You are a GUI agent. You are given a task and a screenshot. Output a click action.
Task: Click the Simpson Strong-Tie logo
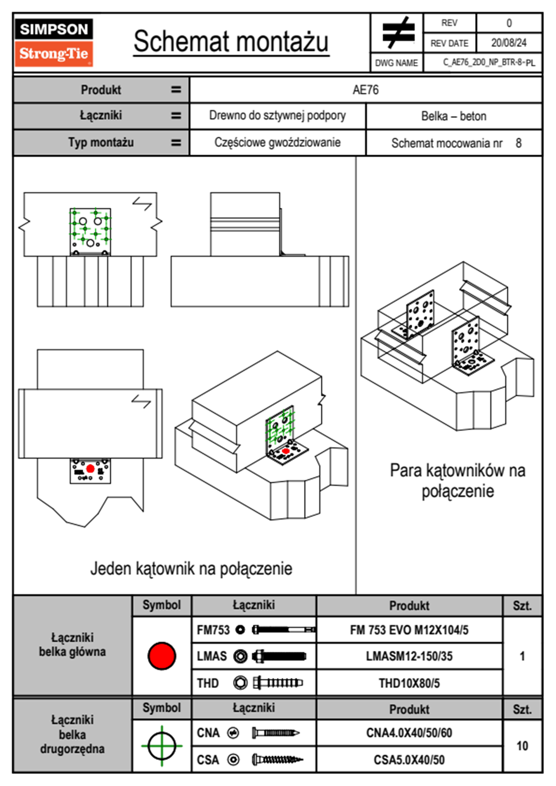pos(54,43)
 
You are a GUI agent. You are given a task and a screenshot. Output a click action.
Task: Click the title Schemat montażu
pos(231,42)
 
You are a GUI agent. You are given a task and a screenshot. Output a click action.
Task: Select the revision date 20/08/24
pos(508,43)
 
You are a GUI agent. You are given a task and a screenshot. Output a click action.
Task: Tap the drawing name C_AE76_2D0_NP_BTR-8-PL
pos(489,63)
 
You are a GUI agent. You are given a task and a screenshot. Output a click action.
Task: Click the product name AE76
pos(365,90)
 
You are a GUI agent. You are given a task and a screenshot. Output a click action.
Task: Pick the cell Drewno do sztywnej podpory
pos(277,115)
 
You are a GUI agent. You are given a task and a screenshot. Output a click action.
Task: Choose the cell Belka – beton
pos(454,116)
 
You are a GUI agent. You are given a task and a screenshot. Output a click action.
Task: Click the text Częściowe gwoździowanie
pos(277,143)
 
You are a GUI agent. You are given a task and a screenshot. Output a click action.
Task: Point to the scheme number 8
pos(519,143)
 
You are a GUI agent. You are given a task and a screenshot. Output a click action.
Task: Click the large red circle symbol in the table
pos(162,656)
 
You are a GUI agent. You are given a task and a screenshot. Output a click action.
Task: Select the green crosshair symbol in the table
pos(162,746)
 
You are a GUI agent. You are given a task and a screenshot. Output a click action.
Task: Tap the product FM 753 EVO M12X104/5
pos(409,630)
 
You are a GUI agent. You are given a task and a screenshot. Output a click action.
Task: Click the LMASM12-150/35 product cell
pos(409,656)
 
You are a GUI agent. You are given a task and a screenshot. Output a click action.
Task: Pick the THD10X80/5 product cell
pos(409,683)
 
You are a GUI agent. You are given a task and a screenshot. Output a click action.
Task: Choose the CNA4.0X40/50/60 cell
pos(409,733)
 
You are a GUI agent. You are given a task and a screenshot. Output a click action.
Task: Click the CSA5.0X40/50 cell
pos(409,760)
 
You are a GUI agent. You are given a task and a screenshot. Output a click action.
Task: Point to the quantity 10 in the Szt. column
pos(522,746)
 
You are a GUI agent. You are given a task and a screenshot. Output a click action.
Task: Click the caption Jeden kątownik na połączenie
pos(191,569)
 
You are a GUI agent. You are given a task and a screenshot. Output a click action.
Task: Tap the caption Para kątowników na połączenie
pos(457,480)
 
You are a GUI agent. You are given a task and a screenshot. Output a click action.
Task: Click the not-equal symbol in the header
pos(398,33)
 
